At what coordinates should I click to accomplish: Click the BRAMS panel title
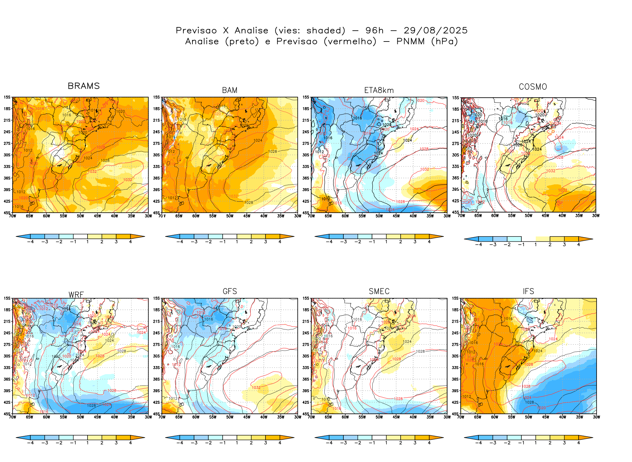pyautogui.click(x=84, y=86)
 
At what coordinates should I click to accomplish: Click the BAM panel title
pyautogui.click(x=229, y=90)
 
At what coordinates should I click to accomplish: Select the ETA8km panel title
pyautogui.click(x=379, y=90)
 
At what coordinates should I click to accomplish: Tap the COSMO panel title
pyautogui.click(x=533, y=87)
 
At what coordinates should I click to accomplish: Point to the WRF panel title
pyautogui.click(x=76, y=295)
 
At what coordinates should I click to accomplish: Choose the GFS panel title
pyautogui.click(x=229, y=291)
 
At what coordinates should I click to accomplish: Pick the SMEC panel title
pyautogui.click(x=379, y=291)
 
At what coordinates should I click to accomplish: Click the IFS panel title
pyautogui.click(x=528, y=291)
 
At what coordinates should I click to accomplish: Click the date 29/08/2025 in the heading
pyautogui.click(x=435, y=31)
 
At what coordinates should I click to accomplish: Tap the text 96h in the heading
pyautogui.click(x=374, y=31)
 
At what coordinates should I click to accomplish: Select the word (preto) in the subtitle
pyautogui.click(x=242, y=42)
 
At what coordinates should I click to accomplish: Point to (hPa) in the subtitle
pyautogui.click(x=444, y=42)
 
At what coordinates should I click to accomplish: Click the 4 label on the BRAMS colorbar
pyautogui.click(x=130, y=242)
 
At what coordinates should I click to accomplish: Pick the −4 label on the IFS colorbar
pyautogui.click(x=479, y=443)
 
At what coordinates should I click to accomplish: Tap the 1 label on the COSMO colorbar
pyautogui.click(x=535, y=245)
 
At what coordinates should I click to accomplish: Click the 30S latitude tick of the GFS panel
pyautogui.click(x=156, y=356)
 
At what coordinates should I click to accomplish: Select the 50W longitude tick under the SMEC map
pyautogui.click(x=379, y=417)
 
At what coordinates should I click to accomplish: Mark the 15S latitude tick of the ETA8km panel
pyautogui.click(x=306, y=97)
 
